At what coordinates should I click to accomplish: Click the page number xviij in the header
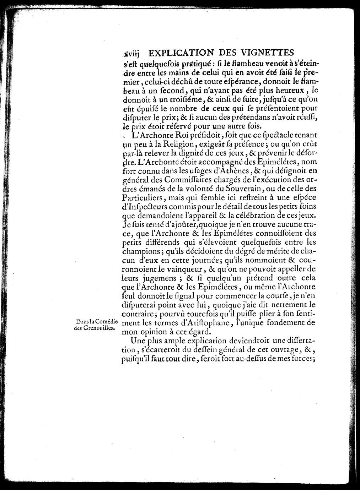[x=130, y=54]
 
